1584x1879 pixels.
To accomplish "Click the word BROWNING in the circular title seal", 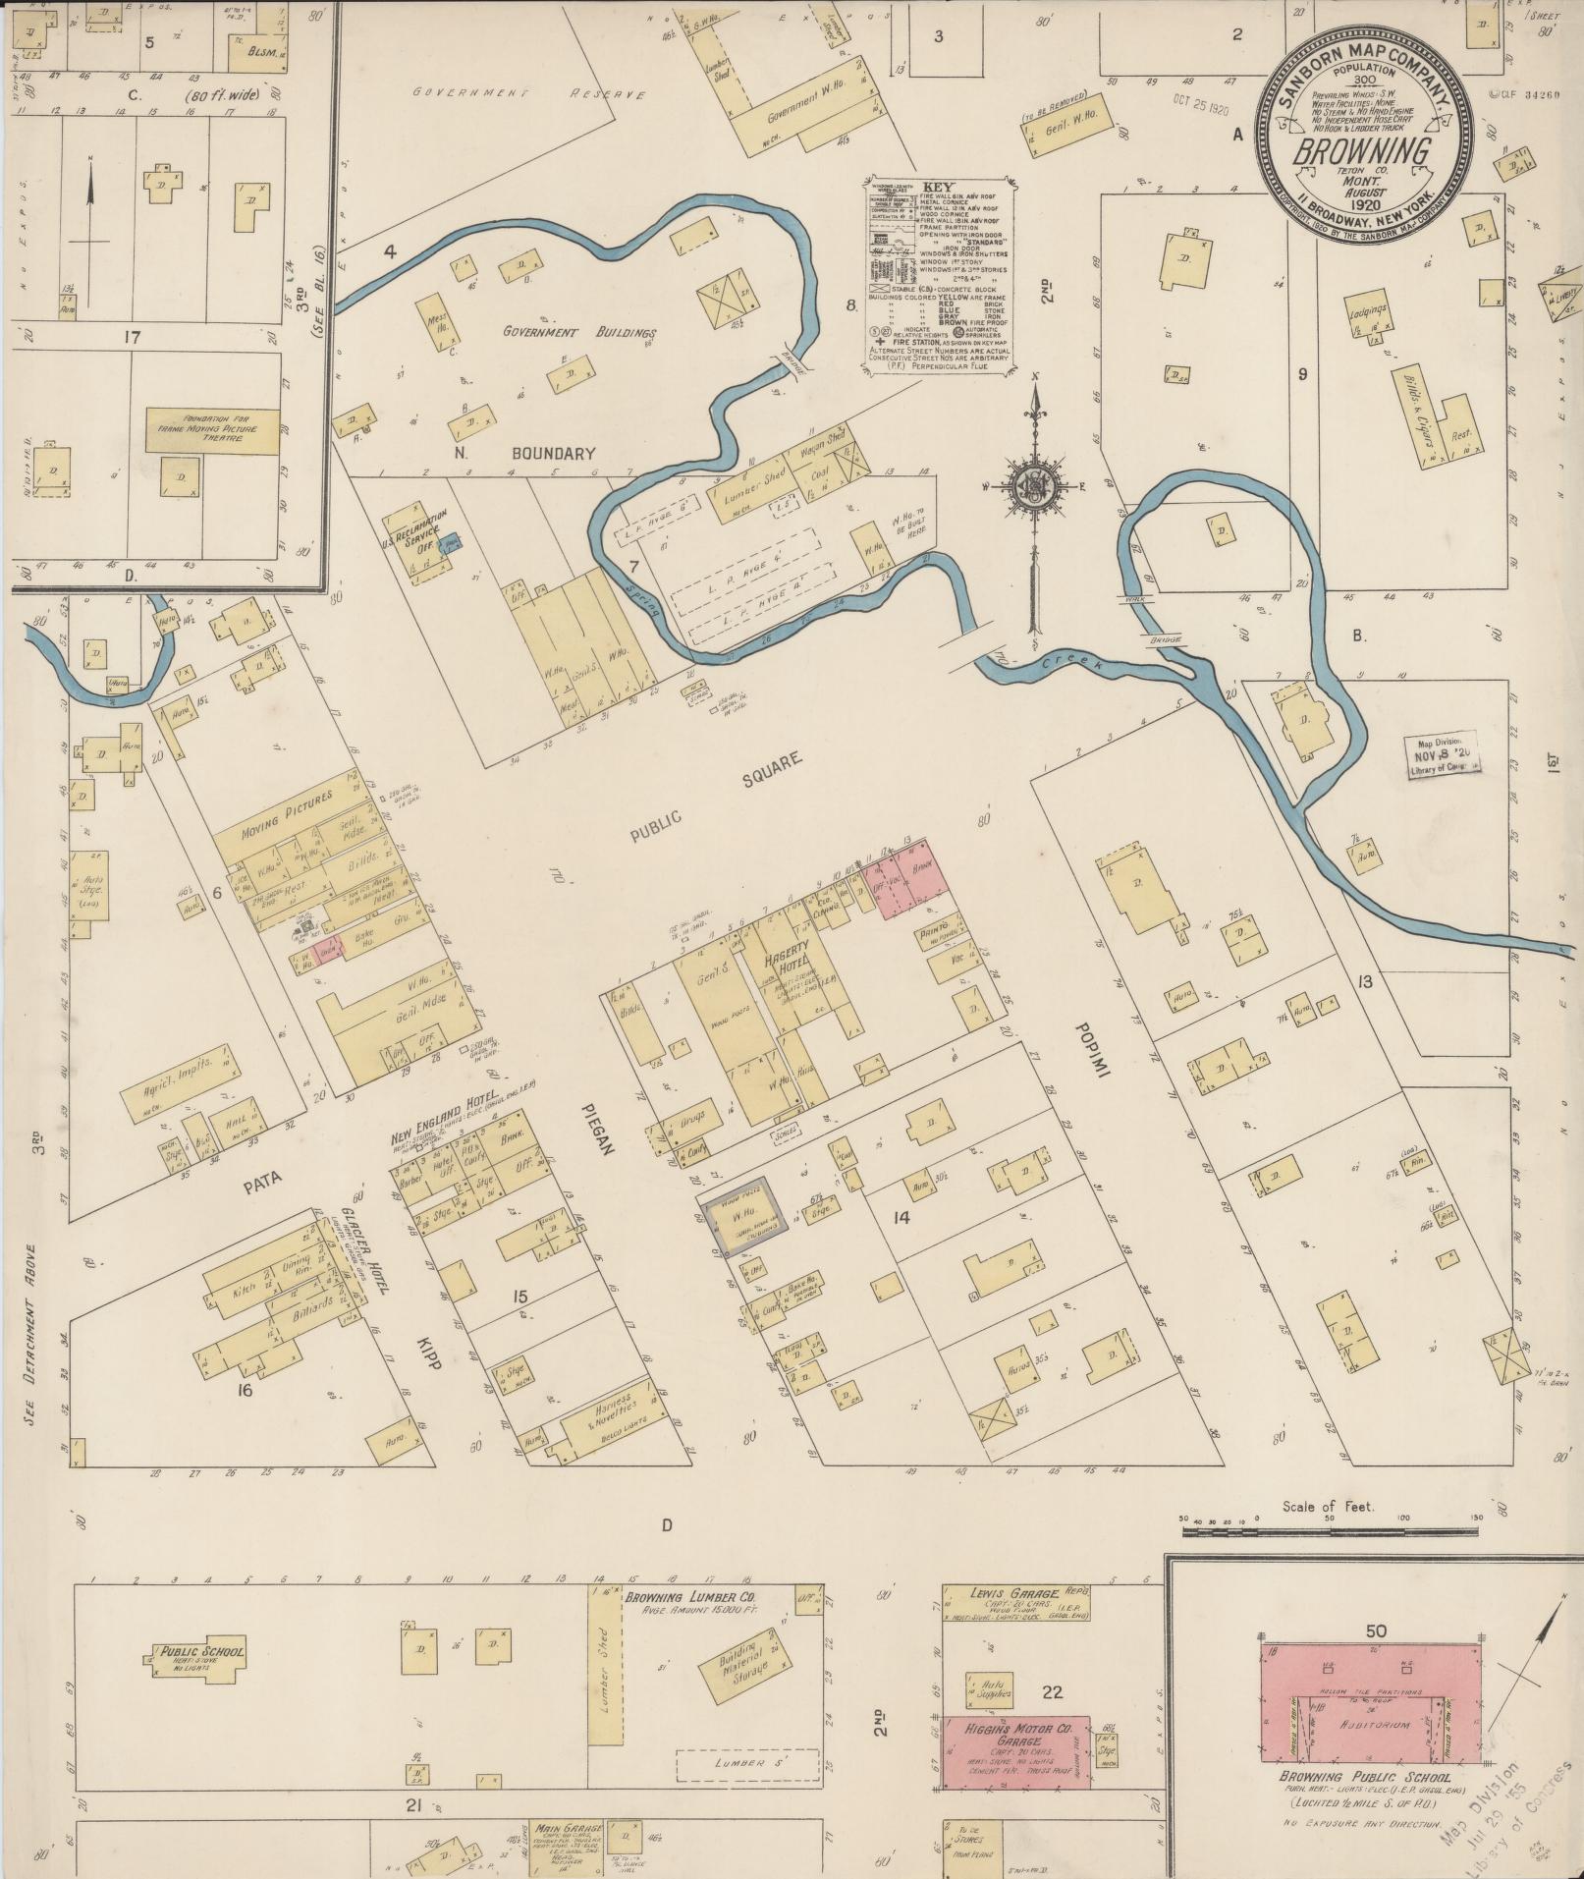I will coord(1366,151).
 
